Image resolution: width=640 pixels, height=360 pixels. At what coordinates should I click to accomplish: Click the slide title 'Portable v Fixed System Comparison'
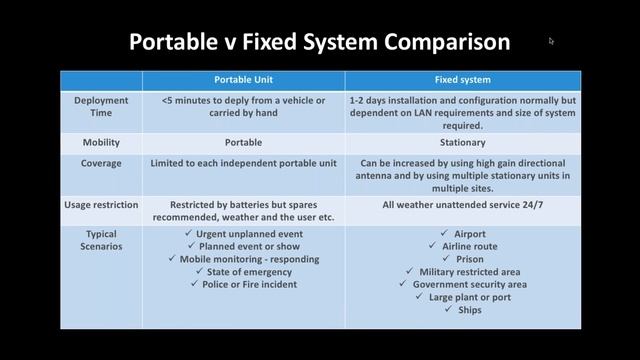point(319,41)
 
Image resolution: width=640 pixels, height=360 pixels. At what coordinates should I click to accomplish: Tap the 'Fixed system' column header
point(462,79)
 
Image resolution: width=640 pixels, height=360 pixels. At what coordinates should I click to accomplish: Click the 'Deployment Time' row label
point(101,107)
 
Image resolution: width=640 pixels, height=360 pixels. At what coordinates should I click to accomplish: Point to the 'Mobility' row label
point(101,142)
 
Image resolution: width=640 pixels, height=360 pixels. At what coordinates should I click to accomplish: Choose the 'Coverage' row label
point(101,163)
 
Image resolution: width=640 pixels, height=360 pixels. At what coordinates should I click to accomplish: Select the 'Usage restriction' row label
point(101,205)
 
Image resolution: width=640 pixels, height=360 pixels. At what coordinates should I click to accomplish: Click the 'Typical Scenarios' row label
point(101,239)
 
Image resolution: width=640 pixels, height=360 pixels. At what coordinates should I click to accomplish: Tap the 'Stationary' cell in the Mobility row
point(462,142)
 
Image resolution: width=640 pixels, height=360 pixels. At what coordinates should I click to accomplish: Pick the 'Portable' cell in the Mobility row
point(243,142)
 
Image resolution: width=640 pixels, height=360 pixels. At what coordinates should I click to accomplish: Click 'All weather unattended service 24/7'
point(462,205)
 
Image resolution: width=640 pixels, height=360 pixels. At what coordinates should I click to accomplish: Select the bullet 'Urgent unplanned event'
point(248,233)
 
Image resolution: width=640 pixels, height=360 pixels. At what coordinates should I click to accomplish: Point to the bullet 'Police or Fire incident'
point(248,285)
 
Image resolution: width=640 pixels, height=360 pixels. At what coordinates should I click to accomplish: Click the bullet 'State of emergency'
point(248,272)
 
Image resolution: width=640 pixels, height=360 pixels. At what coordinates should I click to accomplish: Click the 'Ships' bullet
point(468,310)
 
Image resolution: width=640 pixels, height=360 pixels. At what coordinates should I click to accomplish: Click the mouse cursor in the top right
point(551,41)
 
